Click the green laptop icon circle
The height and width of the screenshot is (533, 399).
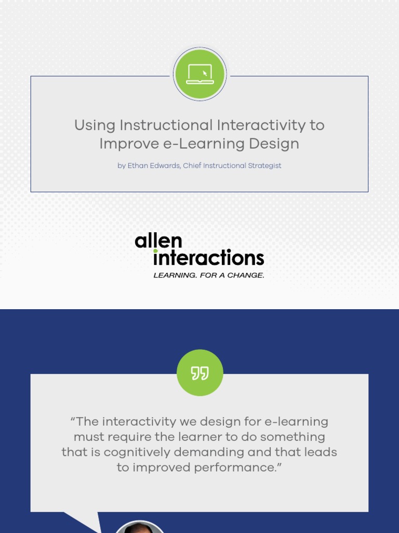199,74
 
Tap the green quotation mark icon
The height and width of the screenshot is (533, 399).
199,373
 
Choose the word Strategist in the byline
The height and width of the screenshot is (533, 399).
264,166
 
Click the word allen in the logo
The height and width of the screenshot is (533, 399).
158,241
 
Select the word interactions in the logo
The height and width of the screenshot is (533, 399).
209,258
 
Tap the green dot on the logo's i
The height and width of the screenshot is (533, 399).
155,251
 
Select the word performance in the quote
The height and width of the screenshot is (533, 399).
237,467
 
